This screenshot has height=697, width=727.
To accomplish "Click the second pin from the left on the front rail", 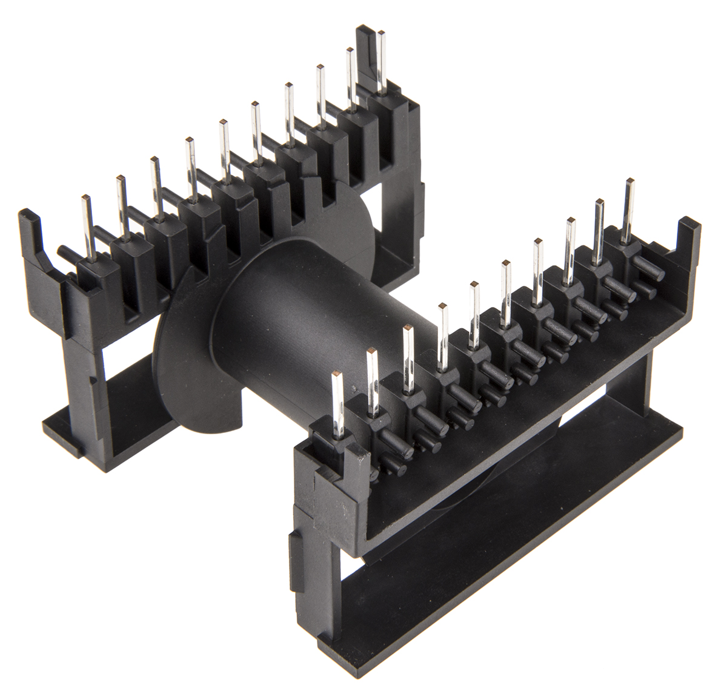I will tap(371, 382).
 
